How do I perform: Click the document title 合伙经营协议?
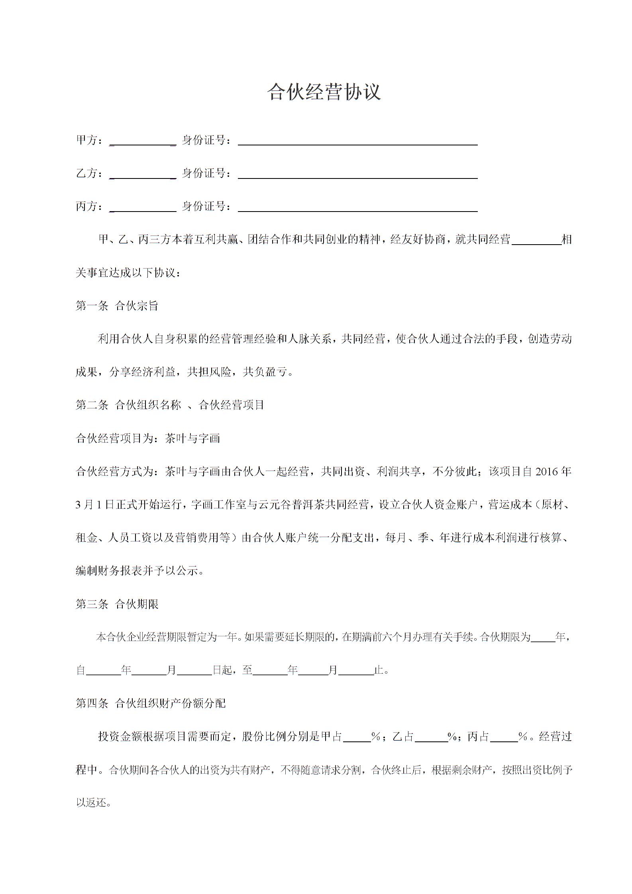(324, 92)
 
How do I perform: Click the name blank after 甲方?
(143, 141)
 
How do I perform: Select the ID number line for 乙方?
(357, 174)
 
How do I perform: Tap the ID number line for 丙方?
(357, 207)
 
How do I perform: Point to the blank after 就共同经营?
(536, 240)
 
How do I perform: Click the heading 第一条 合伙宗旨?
(117, 306)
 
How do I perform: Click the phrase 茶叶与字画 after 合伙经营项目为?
(192, 439)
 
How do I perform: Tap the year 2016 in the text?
(547, 472)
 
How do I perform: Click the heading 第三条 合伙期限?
(117, 604)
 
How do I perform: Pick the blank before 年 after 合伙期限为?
(543, 638)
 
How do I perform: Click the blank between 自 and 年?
(103, 671)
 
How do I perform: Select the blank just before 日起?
(194, 671)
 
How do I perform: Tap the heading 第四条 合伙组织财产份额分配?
(151, 704)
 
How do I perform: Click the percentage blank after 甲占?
(357, 737)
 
